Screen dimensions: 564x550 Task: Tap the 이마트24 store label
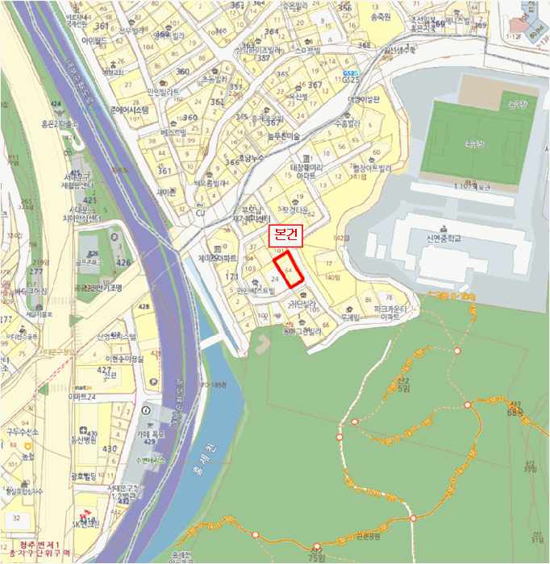click(81, 396)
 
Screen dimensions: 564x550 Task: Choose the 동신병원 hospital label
click(82, 441)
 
